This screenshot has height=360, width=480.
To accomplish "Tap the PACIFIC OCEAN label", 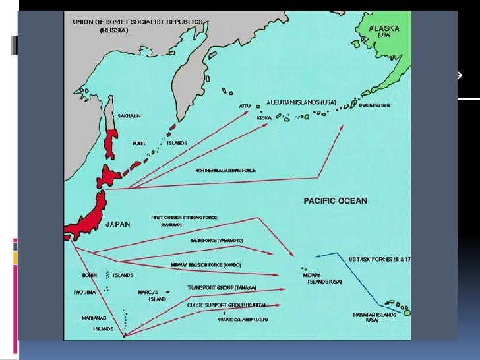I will [x=336, y=200].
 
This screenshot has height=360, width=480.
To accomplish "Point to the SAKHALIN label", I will [x=129, y=116].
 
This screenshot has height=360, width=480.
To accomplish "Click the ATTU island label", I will [x=244, y=106].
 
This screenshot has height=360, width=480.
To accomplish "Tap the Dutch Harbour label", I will [x=375, y=104].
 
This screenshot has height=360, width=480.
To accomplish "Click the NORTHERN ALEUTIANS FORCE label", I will [x=225, y=170].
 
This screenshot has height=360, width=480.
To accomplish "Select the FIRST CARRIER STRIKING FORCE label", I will [x=184, y=217].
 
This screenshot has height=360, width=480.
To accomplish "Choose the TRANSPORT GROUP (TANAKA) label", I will [x=222, y=287].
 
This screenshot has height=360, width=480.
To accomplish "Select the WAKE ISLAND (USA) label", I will [x=243, y=319].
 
